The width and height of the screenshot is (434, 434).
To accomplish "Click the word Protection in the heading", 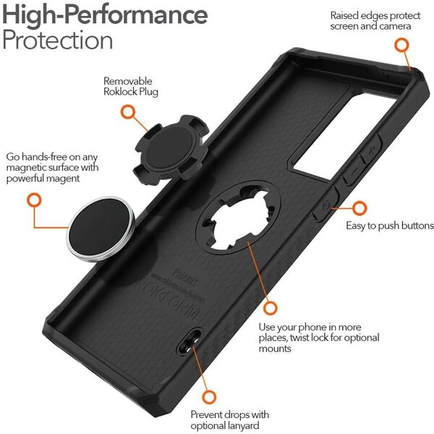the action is point(58,40).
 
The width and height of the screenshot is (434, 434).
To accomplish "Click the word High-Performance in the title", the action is point(105,14).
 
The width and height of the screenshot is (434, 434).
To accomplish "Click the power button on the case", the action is point(325,205).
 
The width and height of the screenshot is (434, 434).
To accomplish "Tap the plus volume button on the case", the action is point(371,150).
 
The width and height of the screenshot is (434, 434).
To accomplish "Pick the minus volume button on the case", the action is point(354,171).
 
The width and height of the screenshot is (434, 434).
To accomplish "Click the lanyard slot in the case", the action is point(190,341).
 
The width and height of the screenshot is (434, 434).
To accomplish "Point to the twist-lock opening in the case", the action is point(238,217).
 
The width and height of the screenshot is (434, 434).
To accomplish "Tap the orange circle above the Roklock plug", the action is point(128,112).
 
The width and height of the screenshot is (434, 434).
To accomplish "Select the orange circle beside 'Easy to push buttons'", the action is point(359,208).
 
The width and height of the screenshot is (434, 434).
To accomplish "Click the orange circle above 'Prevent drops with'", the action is point(209,397).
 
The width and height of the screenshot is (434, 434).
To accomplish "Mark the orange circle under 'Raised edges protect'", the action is point(401,45).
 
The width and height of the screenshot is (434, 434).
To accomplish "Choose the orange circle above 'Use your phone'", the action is point(270,308).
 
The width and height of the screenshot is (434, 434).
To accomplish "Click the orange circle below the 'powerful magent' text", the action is point(34,200).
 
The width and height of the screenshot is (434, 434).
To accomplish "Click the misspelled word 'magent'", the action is point(63,179).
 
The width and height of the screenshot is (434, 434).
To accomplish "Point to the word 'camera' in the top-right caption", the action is point(395,27).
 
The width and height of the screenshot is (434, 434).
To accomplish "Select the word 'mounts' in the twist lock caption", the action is point(275,349).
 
